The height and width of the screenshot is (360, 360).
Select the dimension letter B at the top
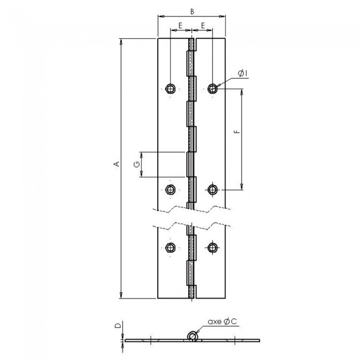[x=192, y=11]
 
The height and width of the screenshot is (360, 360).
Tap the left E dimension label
[x=181, y=25]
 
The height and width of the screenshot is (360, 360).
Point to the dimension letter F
[x=236, y=133]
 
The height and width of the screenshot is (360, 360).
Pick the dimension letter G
[x=135, y=164]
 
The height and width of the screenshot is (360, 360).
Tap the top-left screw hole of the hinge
[x=171, y=88]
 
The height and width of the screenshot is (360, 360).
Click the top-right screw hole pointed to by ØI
[x=213, y=88]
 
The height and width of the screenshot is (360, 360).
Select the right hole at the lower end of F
[x=213, y=190]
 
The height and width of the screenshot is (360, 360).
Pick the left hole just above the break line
[x=171, y=190]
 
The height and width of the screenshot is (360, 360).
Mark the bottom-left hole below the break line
[x=171, y=246]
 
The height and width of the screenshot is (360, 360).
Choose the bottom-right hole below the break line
[x=213, y=246]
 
